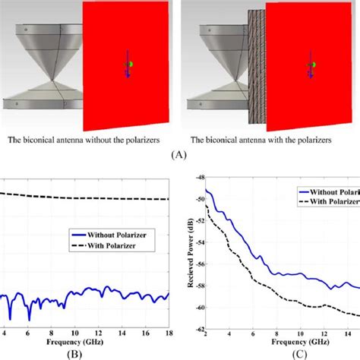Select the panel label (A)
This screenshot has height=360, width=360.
pos(180,152)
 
